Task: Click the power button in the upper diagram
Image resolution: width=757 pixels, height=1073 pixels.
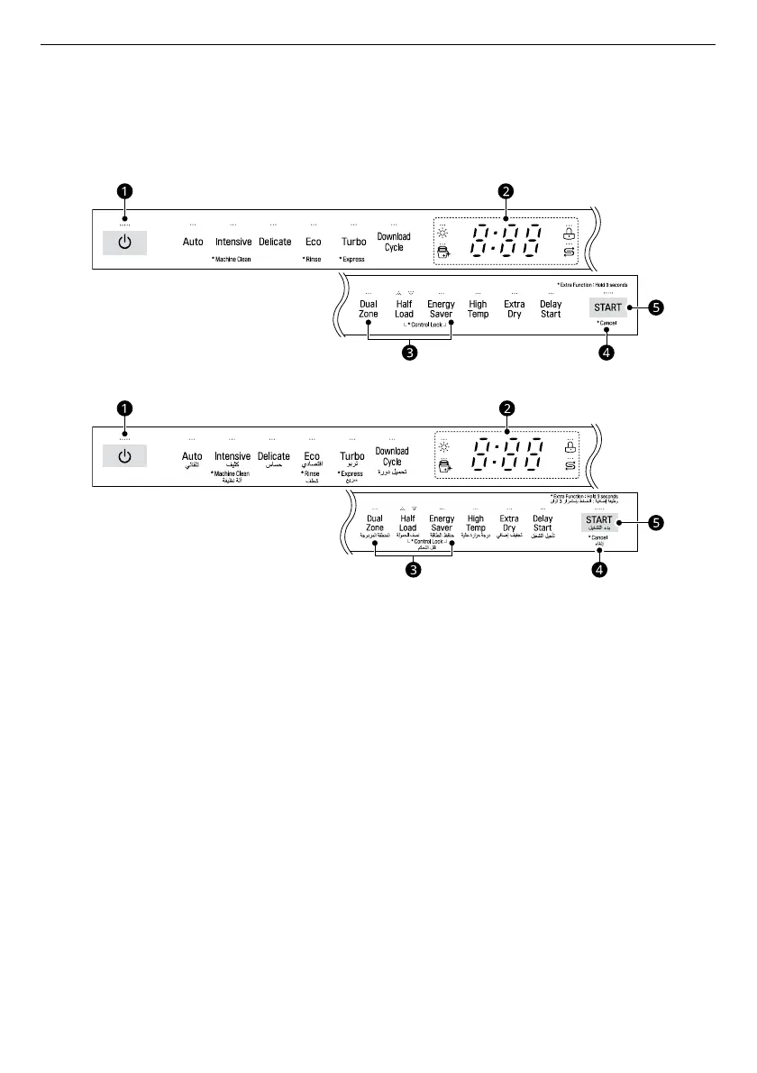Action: click(x=124, y=242)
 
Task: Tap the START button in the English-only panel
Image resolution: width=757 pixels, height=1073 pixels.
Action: click(x=607, y=307)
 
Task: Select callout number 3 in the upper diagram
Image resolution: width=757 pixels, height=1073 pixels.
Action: click(x=410, y=353)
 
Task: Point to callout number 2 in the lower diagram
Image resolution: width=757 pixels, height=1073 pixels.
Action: click(x=507, y=408)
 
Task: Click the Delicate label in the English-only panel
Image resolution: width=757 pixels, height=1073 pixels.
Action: click(x=275, y=242)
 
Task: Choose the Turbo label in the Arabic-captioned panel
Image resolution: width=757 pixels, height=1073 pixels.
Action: click(x=352, y=457)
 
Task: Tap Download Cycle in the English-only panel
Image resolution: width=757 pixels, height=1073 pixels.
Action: click(x=394, y=242)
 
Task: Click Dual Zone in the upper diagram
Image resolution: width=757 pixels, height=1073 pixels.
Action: click(x=369, y=309)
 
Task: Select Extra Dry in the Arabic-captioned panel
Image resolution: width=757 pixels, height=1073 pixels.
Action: click(x=510, y=523)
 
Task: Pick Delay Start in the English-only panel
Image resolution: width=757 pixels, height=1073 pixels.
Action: click(x=551, y=309)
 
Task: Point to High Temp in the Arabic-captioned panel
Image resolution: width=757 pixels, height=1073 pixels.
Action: click(x=476, y=523)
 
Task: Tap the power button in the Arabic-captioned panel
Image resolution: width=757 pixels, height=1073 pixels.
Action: click(x=124, y=457)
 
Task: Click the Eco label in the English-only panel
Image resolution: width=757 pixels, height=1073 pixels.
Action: click(x=313, y=242)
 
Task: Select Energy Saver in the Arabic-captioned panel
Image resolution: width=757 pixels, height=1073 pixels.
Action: click(x=442, y=523)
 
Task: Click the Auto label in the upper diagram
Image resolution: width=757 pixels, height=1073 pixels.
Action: click(x=193, y=242)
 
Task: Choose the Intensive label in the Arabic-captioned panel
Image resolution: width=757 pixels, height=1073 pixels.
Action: click(x=233, y=457)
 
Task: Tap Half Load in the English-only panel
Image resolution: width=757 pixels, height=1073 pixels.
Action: click(x=404, y=309)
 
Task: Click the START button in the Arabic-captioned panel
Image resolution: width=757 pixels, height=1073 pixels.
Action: click(x=599, y=520)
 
